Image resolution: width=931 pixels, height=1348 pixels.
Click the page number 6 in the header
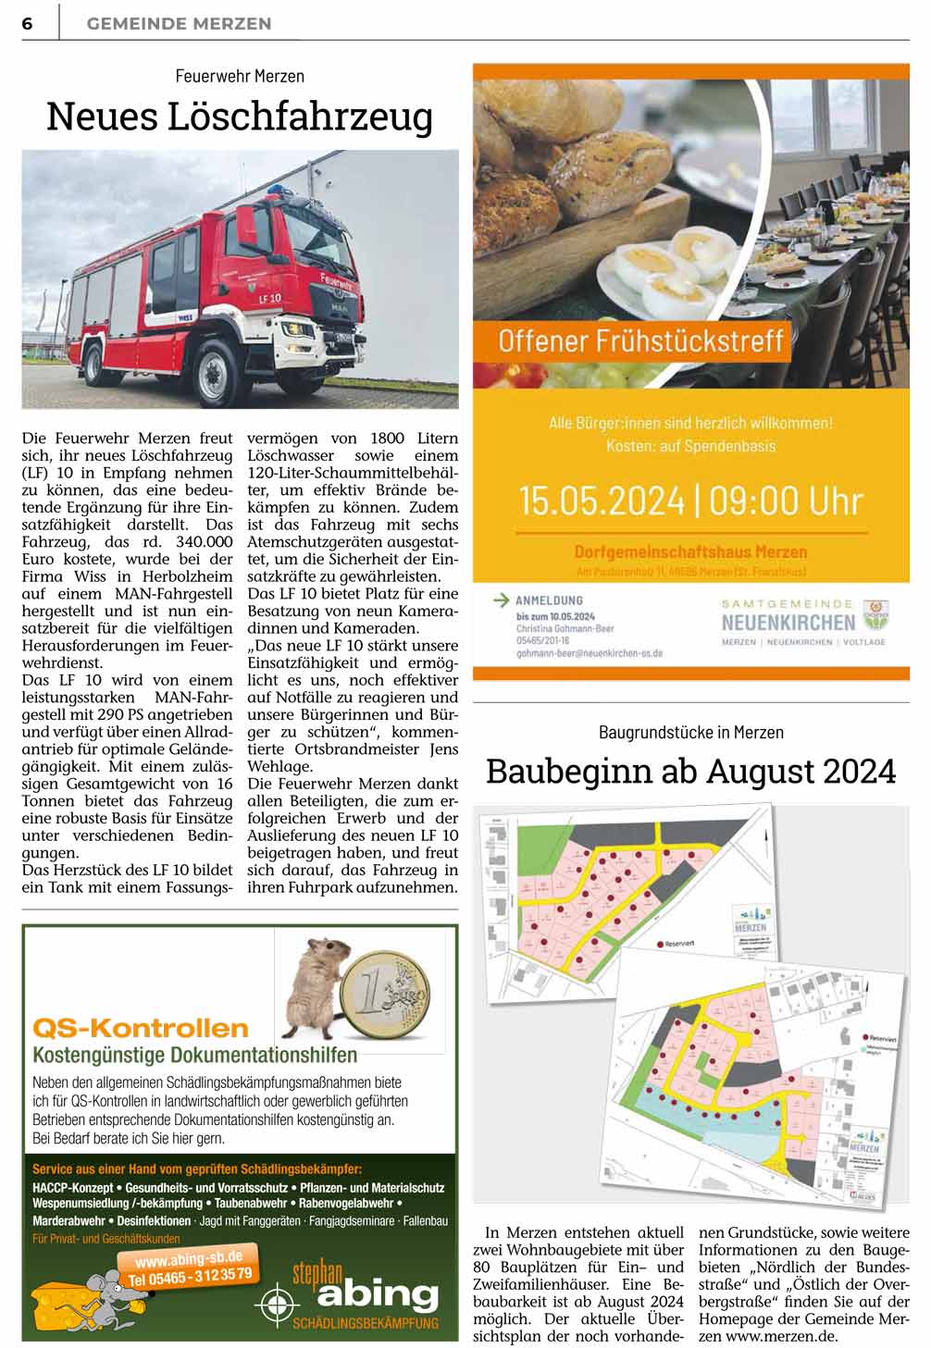pyautogui.click(x=27, y=24)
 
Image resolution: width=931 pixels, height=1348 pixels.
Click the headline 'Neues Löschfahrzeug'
pyautogui.click(x=240, y=117)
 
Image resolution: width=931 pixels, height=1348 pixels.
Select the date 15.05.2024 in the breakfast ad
pyautogui.click(x=602, y=501)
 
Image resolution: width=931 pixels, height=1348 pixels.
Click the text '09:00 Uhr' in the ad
pyautogui.click(x=786, y=501)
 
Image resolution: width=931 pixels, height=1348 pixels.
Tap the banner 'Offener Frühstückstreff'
pyautogui.click(x=640, y=340)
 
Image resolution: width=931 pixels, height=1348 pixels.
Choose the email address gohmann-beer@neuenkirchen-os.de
pyautogui.click(x=590, y=652)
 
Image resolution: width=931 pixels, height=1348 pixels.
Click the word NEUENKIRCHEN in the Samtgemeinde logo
pyautogui.click(x=788, y=622)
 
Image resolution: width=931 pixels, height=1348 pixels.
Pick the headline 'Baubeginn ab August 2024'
pyautogui.click(x=690, y=771)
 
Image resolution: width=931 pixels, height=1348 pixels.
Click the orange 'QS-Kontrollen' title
pyautogui.click(x=141, y=1028)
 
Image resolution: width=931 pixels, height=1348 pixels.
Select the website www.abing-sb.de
pyautogui.click(x=189, y=1259)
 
